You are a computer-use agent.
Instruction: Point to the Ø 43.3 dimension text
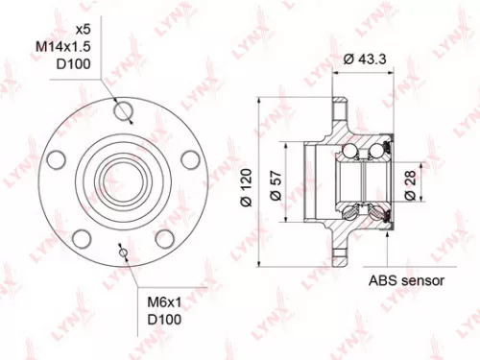(366, 59)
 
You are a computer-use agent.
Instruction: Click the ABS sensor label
(406, 281)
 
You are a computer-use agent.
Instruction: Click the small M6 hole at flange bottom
(122, 252)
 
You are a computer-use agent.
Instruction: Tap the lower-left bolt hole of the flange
(83, 237)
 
